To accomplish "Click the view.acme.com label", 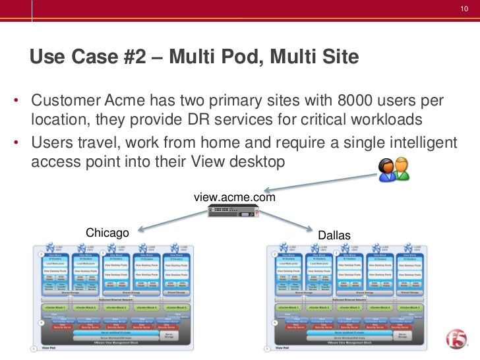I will click(234, 196).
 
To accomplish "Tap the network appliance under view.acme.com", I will click(233, 212).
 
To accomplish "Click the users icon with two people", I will click(393, 169).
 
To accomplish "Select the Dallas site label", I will click(334, 235).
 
